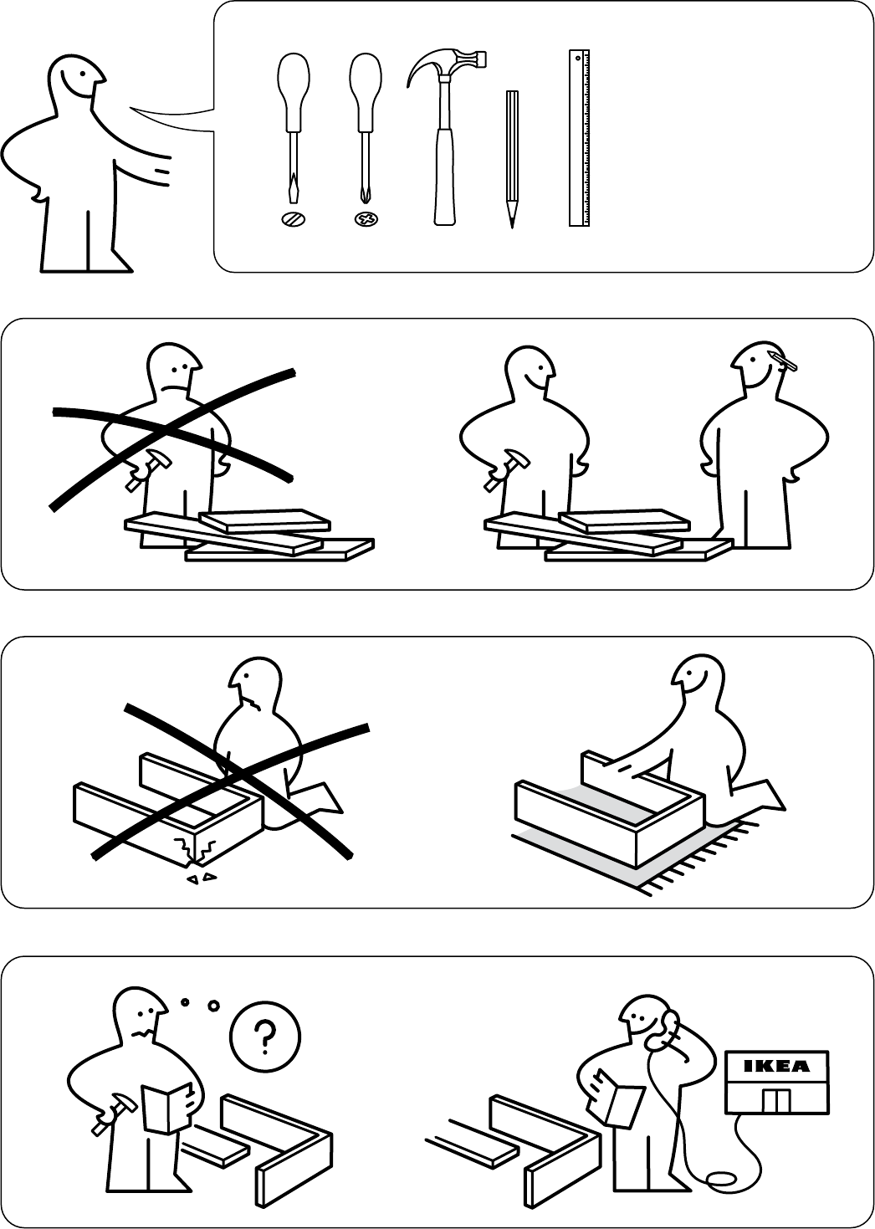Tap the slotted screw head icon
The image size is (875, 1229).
[x=294, y=219]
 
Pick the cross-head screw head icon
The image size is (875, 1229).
[x=366, y=219]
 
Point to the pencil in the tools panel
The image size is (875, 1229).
[x=512, y=159]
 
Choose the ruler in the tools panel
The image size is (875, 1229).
[x=580, y=138]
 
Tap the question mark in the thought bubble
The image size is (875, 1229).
[x=265, y=1037]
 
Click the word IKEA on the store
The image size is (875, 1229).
[x=777, y=1066]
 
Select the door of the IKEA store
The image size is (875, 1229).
[x=777, y=1101]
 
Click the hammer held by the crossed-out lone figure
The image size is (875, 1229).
[x=147, y=469]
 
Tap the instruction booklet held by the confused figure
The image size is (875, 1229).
[x=166, y=1107]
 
